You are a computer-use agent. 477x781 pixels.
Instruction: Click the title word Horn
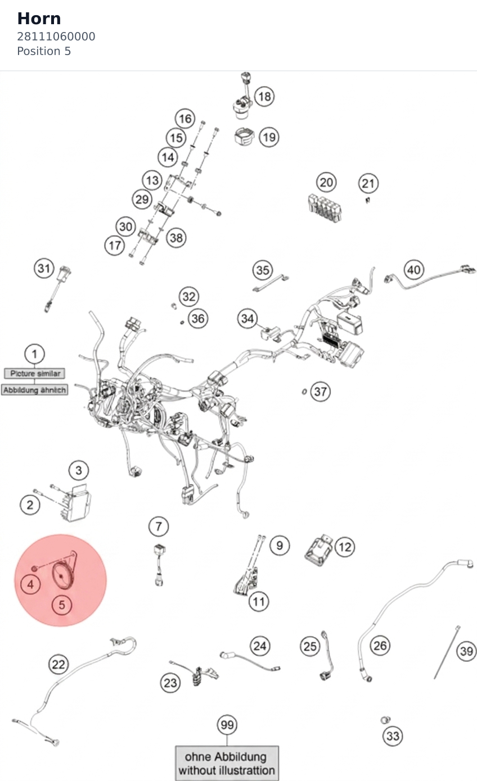point(39,19)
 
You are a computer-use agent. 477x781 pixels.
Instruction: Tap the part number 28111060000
point(56,37)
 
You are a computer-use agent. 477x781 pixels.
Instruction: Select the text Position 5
point(44,51)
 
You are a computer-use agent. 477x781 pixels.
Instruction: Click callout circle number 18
point(264,96)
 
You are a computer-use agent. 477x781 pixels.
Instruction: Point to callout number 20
point(326,183)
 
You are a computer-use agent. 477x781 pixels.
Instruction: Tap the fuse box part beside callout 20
point(325,208)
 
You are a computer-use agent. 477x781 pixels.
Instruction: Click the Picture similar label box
point(34,374)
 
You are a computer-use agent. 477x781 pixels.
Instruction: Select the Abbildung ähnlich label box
point(34,390)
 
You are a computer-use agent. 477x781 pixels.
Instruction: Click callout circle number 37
point(320,392)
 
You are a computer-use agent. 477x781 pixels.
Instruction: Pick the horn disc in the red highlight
point(62,576)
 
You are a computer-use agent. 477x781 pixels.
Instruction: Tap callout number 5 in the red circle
point(62,605)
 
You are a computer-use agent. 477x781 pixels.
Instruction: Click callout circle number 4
point(31,584)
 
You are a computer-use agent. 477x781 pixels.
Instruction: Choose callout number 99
point(227,725)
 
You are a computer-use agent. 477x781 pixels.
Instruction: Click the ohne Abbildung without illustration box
point(227,763)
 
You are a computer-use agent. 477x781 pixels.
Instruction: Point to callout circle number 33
point(393,736)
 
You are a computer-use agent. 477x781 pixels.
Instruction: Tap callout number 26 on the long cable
point(380,646)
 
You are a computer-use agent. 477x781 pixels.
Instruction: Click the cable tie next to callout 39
point(447,652)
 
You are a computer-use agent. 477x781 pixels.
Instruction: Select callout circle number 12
point(345,547)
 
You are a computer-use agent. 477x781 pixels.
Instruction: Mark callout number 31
point(44,268)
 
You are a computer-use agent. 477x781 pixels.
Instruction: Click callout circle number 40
point(414,270)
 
